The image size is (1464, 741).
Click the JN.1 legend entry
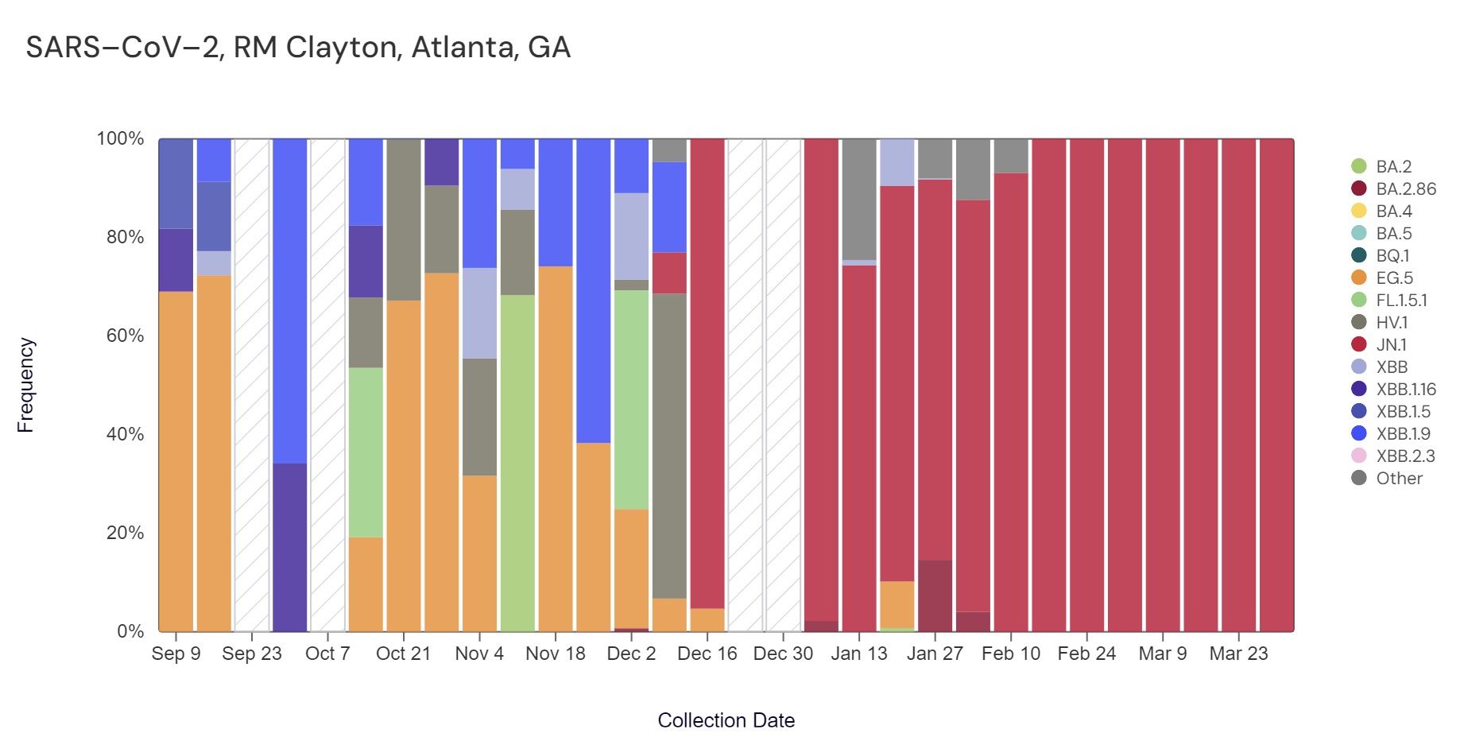coord(1391,345)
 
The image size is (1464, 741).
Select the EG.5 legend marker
coord(1359,278)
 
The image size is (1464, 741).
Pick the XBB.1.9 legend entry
coord(1403,434)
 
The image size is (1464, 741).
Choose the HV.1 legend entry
coord(1392,323)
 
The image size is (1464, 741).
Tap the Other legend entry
coord(1399,479)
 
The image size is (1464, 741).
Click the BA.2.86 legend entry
coord(1405,189)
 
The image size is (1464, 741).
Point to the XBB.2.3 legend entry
coord(1405,456)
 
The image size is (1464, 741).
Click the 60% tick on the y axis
coord(125,336)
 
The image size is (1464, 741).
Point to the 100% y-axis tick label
coord(120,139)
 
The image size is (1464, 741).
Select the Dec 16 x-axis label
coord(707,654)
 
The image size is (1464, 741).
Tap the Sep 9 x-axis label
coord(176,654)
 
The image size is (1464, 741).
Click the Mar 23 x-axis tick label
coord(1238,654)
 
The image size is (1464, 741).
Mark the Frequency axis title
coord(25,385)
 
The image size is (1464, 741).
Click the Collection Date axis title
coord(726,720)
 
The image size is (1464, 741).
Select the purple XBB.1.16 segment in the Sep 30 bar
coord(289,547)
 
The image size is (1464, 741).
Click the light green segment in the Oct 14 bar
coord(366,452)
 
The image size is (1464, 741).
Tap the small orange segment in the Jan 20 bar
coord(897,604)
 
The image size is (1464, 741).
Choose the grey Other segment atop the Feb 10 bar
coord(1011,156)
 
